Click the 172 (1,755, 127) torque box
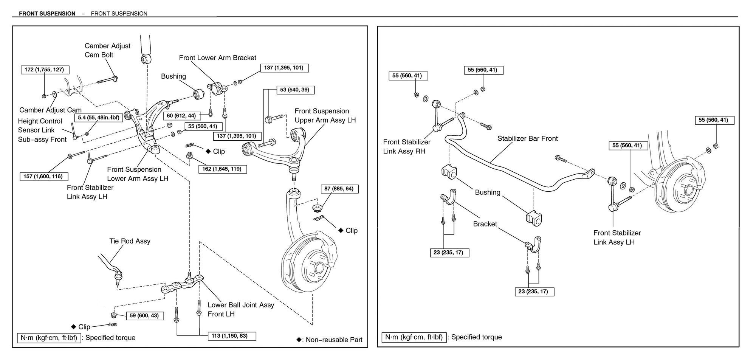coord(45,70)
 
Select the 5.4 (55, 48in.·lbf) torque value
coord(98,118)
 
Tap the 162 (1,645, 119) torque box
coord(222,169)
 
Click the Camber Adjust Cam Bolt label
coord(107,50)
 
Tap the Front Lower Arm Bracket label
coord(217,58)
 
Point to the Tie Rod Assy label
coord(130,241)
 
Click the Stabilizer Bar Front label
coord(527,138)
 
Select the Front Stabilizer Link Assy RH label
coord(406,147)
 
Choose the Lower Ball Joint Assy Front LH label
coord(241,309)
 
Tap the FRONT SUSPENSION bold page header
coord(47,14)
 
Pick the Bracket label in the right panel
coord(485,224)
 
